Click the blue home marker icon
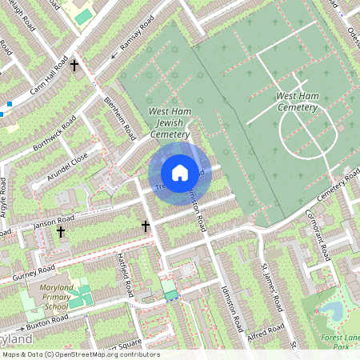point(180,172)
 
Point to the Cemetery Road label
point(337,186)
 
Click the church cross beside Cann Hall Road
point(75,65)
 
